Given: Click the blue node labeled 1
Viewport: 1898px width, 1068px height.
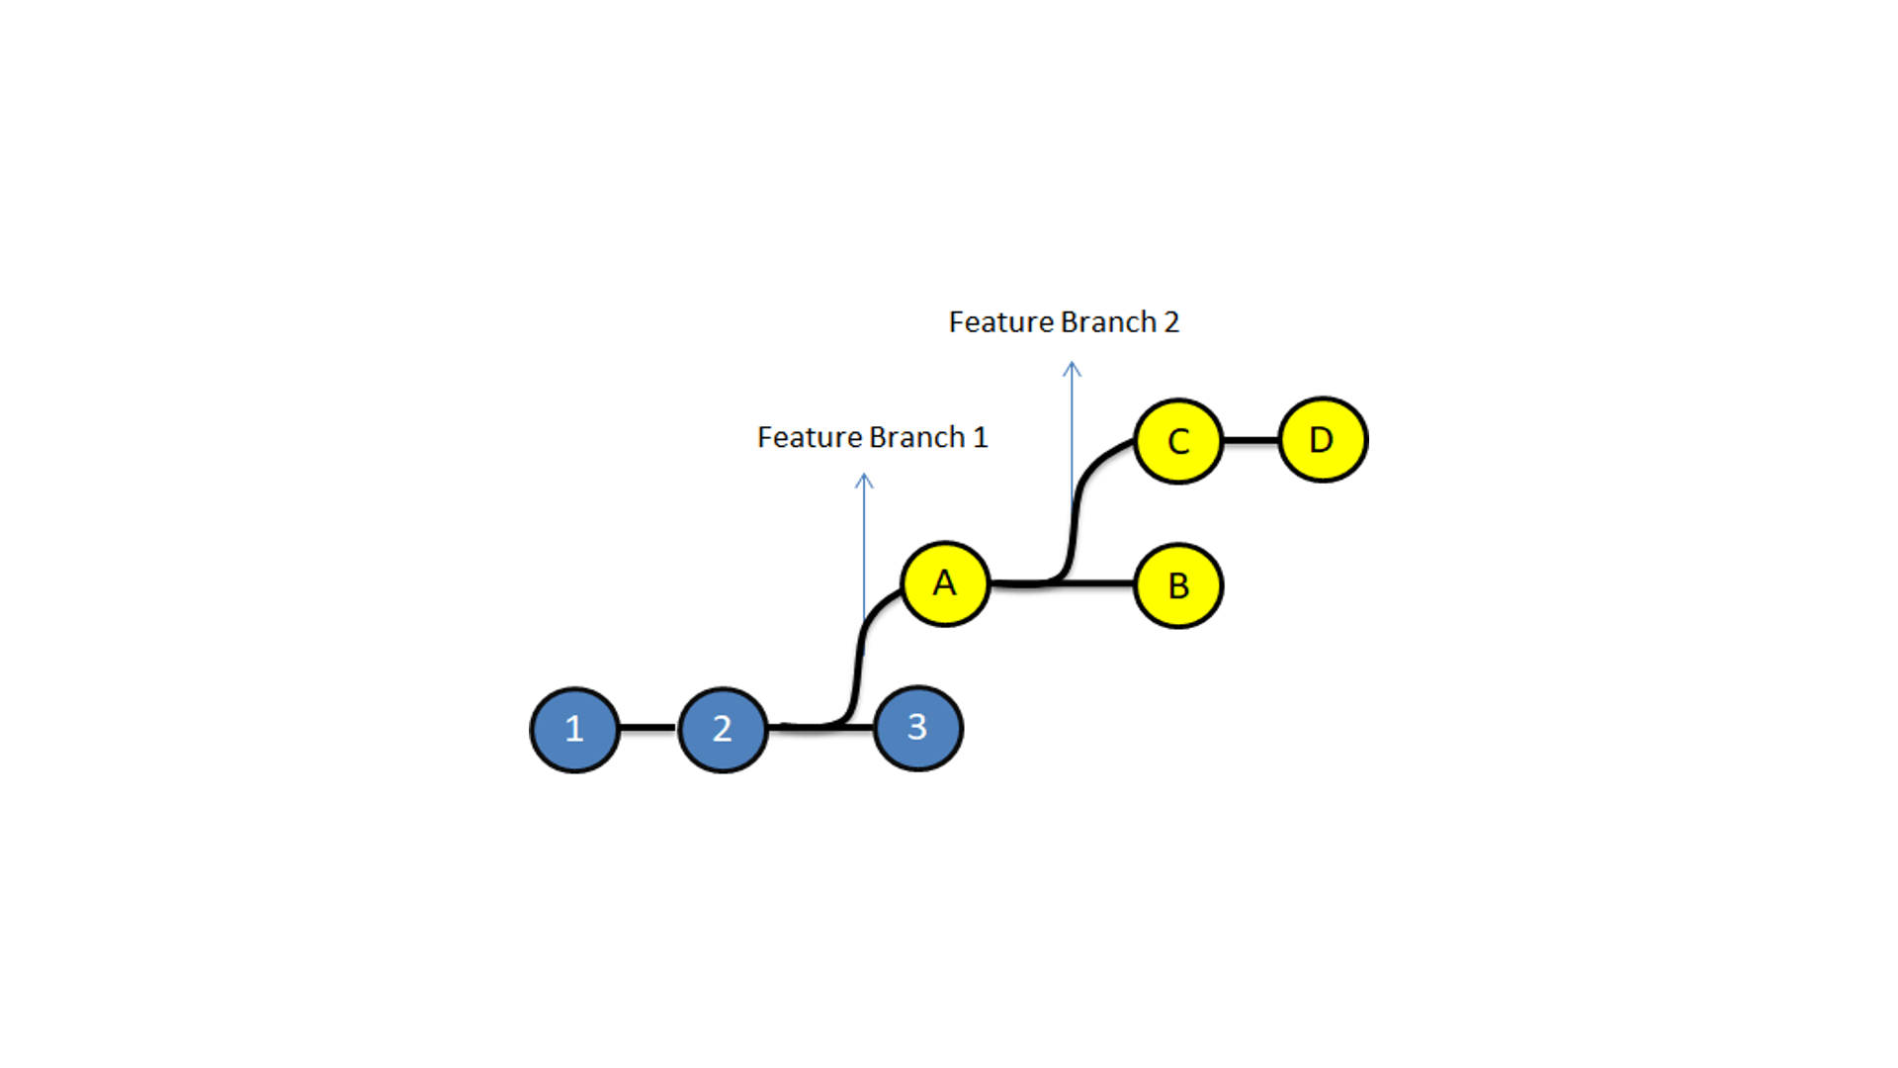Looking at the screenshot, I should (x=574, y=730).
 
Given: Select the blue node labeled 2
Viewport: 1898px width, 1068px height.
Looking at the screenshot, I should (x=723, y=730).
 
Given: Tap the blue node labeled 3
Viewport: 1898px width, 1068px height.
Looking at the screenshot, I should (x=917, y=729).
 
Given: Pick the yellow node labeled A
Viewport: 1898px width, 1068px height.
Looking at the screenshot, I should (x=945, y=583).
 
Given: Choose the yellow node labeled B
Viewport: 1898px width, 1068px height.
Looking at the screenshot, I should (x=1178, y=585).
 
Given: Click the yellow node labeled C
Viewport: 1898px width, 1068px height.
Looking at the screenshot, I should (x=1178, y=441).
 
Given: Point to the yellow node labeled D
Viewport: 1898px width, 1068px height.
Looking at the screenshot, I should (x=1323, y=440).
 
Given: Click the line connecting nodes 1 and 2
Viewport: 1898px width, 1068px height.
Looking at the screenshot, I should (x=647, y=728).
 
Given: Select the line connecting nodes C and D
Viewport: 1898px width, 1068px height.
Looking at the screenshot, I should (x=1251, y=440).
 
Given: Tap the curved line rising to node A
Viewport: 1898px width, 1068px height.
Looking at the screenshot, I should (x=858, y=658).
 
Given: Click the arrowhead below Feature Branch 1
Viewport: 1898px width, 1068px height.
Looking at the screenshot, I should (x=864, y=481).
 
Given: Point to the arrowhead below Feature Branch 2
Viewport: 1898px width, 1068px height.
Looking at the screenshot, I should (x=1072, y=369).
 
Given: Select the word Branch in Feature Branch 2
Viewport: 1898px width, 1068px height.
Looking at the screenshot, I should (x=1107, y=322).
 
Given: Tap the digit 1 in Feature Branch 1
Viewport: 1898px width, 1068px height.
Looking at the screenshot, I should (x=980, y=437).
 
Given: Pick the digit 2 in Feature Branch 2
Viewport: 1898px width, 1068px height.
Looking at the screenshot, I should (x=1171, y=322).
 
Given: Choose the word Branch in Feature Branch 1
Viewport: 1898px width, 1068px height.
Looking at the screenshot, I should (x=916, y=437).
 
